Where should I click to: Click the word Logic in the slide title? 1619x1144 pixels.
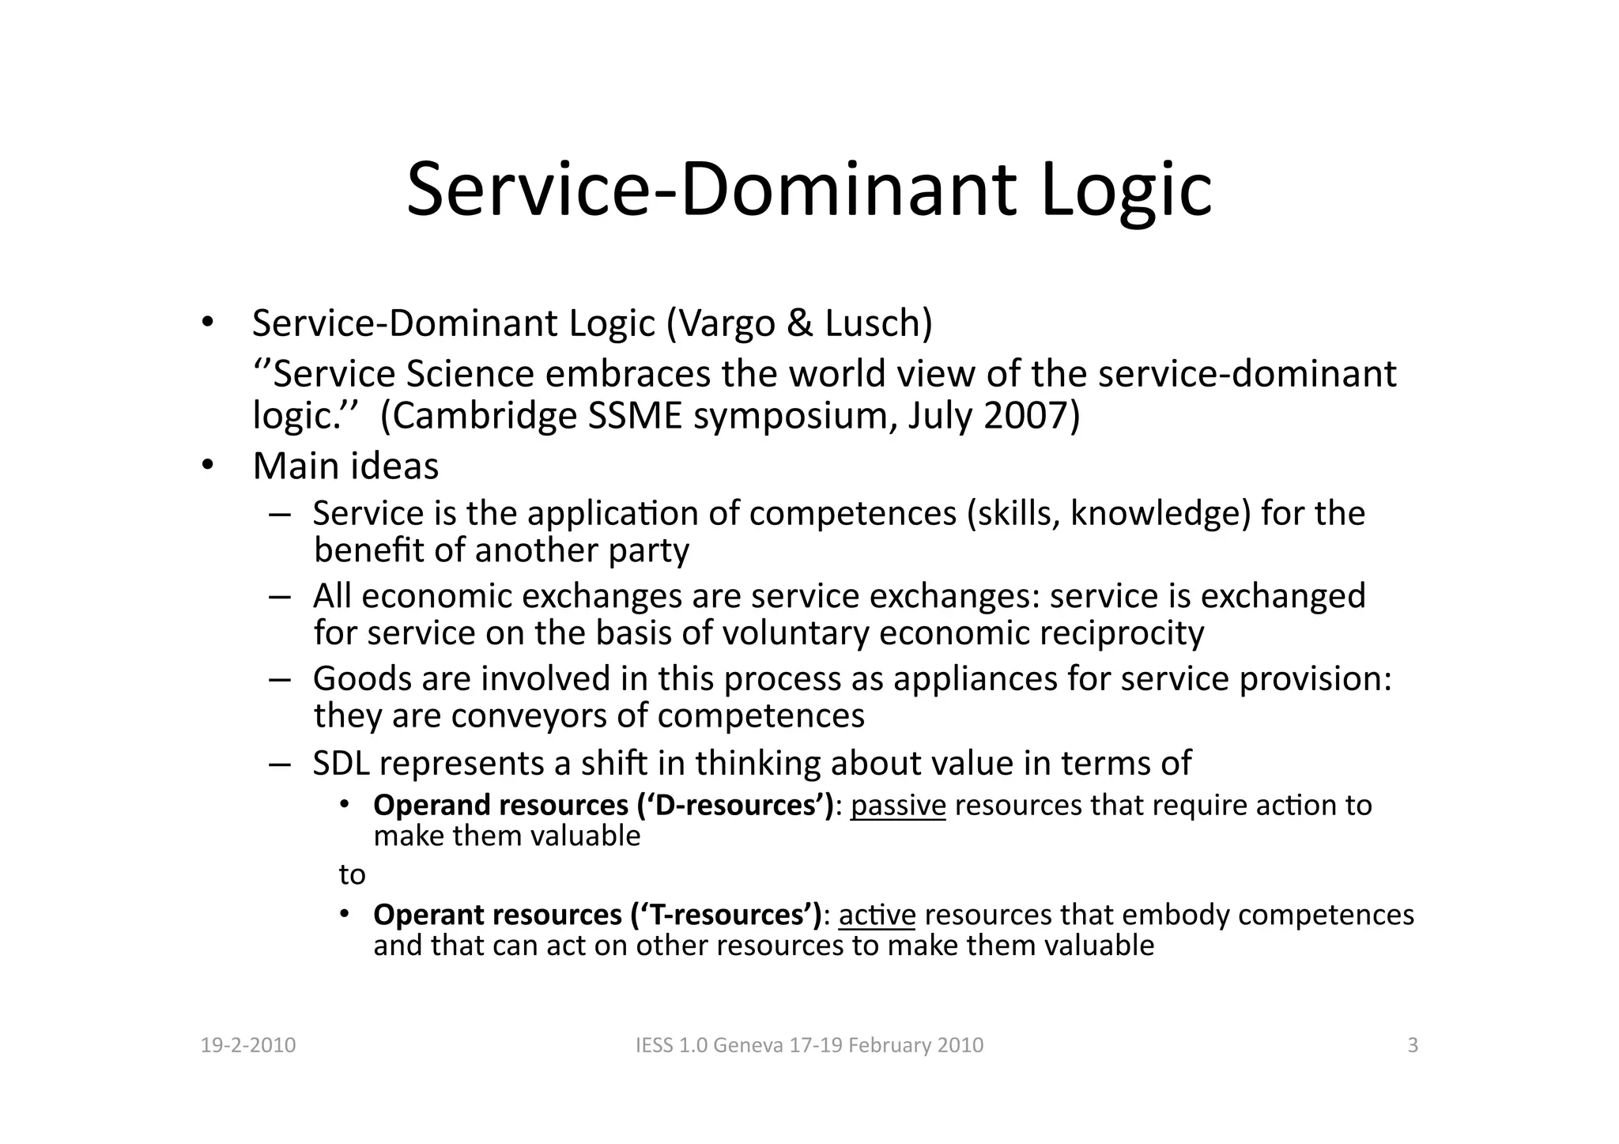point(1126,190)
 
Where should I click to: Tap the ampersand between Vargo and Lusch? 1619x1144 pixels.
point(800,323)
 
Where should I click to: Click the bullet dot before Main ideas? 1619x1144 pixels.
point(206,465)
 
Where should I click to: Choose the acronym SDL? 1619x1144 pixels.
point(341,764)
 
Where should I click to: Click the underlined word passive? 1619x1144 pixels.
point(898,806)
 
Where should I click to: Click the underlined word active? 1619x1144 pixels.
point(877,915)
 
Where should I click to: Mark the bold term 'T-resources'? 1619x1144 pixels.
point(727,915)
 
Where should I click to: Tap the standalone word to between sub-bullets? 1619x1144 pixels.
point(352,875)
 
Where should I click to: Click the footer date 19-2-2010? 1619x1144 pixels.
point(248,1046)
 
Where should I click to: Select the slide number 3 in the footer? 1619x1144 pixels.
point(1413,1046)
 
